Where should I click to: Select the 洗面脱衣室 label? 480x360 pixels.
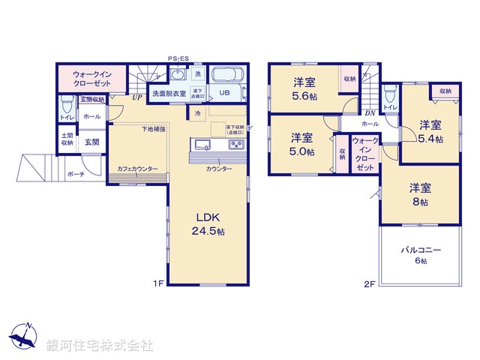(169, 94)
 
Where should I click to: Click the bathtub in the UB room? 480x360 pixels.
(229, 76)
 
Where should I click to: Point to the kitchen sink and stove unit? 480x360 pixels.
(217, 145)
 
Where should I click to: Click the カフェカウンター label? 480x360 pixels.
(138, 169)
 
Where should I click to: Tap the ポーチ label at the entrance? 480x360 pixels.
(76, 174)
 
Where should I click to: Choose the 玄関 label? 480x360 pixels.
(91, 141)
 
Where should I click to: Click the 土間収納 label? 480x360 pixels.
(67, 139)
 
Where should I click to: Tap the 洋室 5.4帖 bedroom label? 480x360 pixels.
(430, 131)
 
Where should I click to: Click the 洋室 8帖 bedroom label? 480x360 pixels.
(419, 194)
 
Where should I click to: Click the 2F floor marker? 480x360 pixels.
(369, 283)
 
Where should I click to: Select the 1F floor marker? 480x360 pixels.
(158, 283)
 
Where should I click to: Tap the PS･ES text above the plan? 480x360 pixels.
(178, 58)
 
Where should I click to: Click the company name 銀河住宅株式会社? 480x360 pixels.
(100, 346)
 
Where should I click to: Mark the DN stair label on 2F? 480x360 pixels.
(370, 112)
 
